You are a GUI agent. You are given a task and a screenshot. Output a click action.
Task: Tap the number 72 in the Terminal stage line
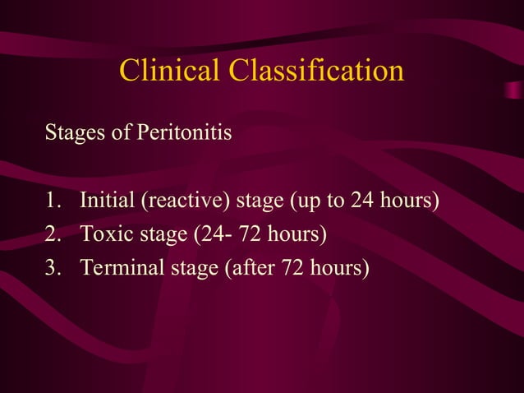point(293,268)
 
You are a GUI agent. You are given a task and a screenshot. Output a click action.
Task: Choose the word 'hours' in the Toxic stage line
point(296,234)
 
